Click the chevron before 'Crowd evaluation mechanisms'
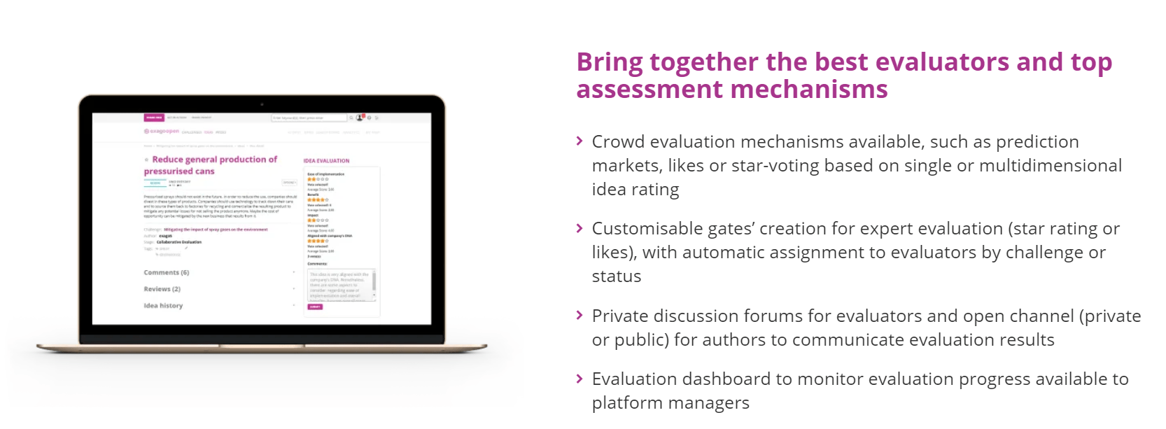tap(580, 141)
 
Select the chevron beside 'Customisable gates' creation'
tap(580, 229)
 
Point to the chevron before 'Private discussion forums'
tap(580, 316)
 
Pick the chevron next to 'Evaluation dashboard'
tap(580, 379)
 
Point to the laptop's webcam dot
tap(262, 104)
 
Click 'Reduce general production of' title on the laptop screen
tap(214, 160)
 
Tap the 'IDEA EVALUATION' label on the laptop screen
tap(326, 161)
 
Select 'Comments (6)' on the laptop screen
tap(167, 273)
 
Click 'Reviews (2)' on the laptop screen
tap(162, 289)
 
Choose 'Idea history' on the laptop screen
tap(163, 306)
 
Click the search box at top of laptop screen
tap(308, 118)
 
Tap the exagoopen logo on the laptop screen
tap(161, 132)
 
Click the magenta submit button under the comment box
tap(315, 307)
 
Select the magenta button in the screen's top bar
tap(154, 118)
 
